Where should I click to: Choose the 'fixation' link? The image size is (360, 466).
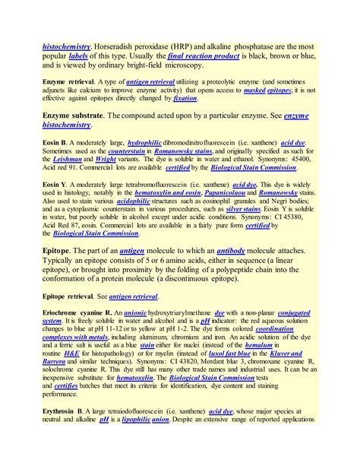(x=185, y=99)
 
